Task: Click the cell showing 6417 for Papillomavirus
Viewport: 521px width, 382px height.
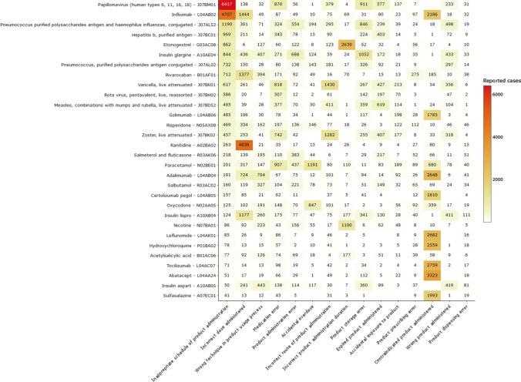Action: pyautogui.click(x=206, y=5)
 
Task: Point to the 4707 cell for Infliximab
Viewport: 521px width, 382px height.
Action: pyautogui.click(x=206, y=15)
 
